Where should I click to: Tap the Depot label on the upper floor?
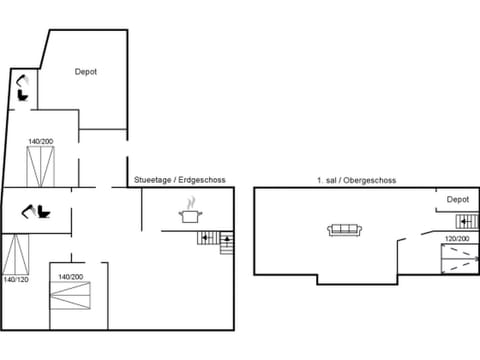(x=457, y=199)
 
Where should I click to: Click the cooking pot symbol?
(x=189, y=212)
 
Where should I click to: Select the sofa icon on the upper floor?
(x=345, y=230)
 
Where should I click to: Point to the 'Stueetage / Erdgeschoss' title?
(x=179, y=180)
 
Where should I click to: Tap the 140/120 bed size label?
(x=15, y=279)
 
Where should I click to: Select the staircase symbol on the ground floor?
(x=213, y=239)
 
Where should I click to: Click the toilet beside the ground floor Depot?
(x=21, y=89)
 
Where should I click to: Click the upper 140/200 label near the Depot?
(x=40, y=141)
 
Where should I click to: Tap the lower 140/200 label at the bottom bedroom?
(x=70, y=276)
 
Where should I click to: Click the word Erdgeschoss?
(x=203, y=180)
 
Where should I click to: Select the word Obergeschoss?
(x=374, y=180)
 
